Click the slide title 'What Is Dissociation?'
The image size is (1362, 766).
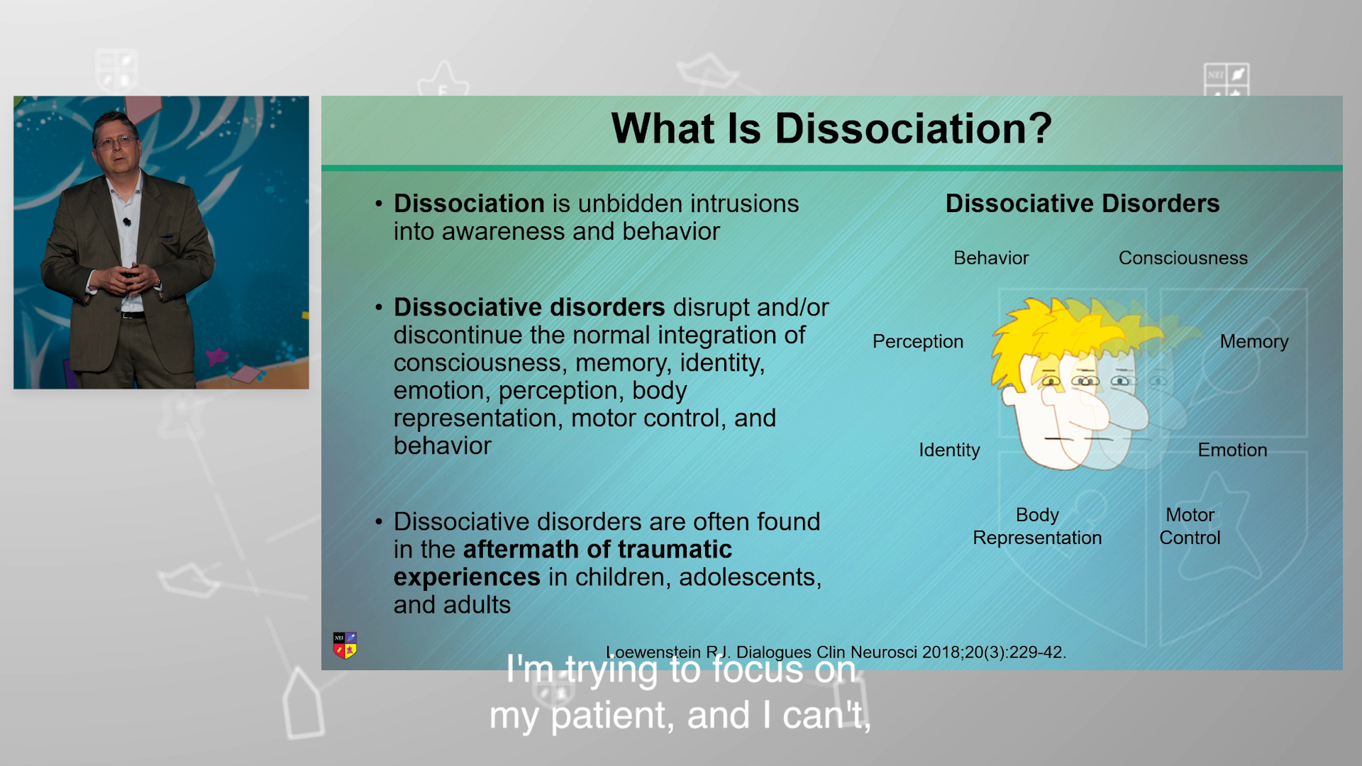(831, 128)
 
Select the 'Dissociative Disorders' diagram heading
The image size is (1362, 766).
(1083, 204)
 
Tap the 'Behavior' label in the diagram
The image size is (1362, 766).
(991, 258)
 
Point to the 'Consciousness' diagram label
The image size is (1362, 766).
(1183, 258)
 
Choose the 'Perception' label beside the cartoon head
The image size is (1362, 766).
(918, 342)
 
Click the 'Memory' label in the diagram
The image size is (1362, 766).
(1253, 342)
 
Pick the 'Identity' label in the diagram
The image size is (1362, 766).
(949, 450)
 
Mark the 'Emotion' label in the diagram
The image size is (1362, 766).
(1232, 450)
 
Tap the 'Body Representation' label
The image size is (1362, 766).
(1037, 526)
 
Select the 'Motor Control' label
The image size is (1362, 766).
(1190, 526)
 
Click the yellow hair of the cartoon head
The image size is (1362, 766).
(1043, 333)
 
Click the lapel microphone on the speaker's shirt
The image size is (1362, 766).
(127, 222)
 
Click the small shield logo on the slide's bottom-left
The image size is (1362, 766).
(345, 645)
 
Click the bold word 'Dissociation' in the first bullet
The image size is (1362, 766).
(469, 204)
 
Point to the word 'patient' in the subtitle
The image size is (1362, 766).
(612, 716)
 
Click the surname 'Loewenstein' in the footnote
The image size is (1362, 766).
(653, 653)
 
